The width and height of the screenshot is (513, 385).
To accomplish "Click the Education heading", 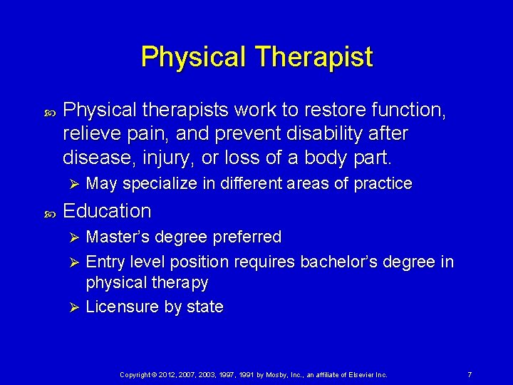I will [x=107, y=211].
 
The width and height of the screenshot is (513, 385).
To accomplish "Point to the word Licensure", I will [x=120, y=307].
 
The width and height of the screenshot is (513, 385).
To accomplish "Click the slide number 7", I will [x=470, y=375].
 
